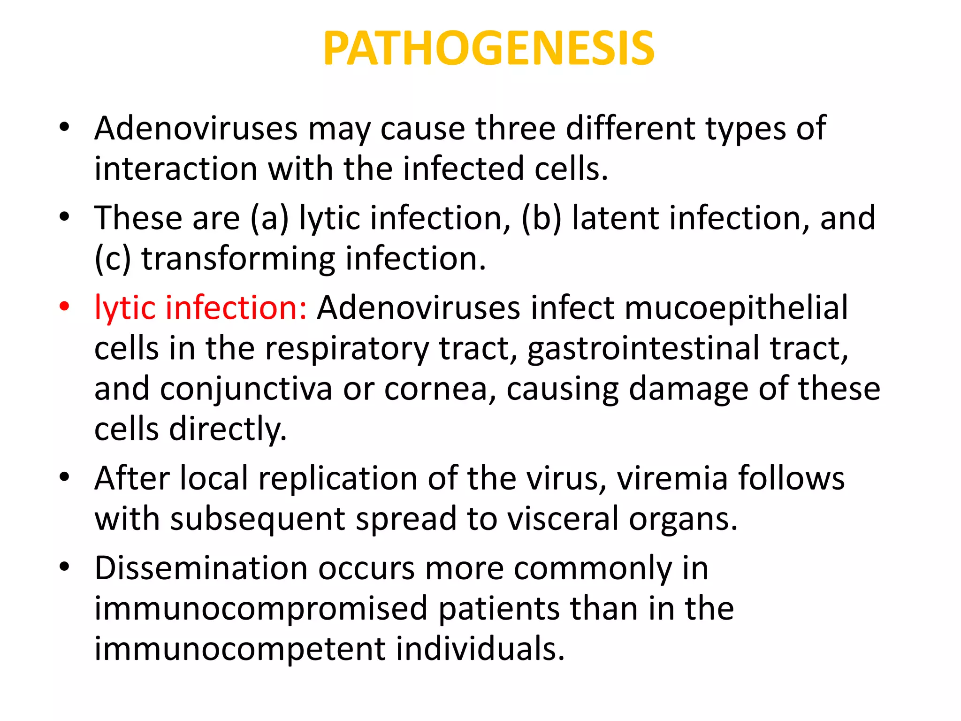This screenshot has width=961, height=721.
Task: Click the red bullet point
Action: [x=64, y=307]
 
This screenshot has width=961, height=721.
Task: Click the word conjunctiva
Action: [x=246, y=389]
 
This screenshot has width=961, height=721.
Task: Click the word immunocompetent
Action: [x=240, y=649]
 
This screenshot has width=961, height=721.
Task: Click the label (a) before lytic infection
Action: [x=269, y=219]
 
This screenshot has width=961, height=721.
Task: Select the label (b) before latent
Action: [x=541, y=219]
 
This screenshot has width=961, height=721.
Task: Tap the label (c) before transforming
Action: [x=113, y=259]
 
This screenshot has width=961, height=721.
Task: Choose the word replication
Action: [x=337, y=479]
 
